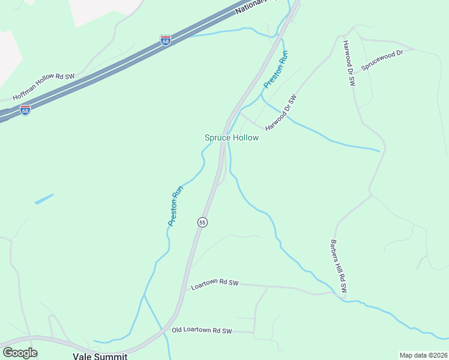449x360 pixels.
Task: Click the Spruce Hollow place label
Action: tap(232, 137)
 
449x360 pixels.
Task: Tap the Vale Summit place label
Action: tap(100, 356)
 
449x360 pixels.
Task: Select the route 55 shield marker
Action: tap(202, 222)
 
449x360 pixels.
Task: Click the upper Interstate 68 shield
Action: tap(166, 40)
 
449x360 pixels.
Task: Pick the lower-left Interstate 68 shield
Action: tap(25, 110)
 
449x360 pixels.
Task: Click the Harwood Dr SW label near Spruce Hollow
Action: tap(282, 112)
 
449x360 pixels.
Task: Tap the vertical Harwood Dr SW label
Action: tap(349, 63)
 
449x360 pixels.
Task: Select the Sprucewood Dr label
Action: tap(381, 60)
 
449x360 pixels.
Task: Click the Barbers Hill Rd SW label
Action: tap(338, 268)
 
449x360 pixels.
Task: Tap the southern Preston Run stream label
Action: tap(175, 206)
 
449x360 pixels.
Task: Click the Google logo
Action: tap(20, 352)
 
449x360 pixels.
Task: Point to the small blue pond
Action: tap(44, 199)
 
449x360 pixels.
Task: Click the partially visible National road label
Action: tap(255, 7)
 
